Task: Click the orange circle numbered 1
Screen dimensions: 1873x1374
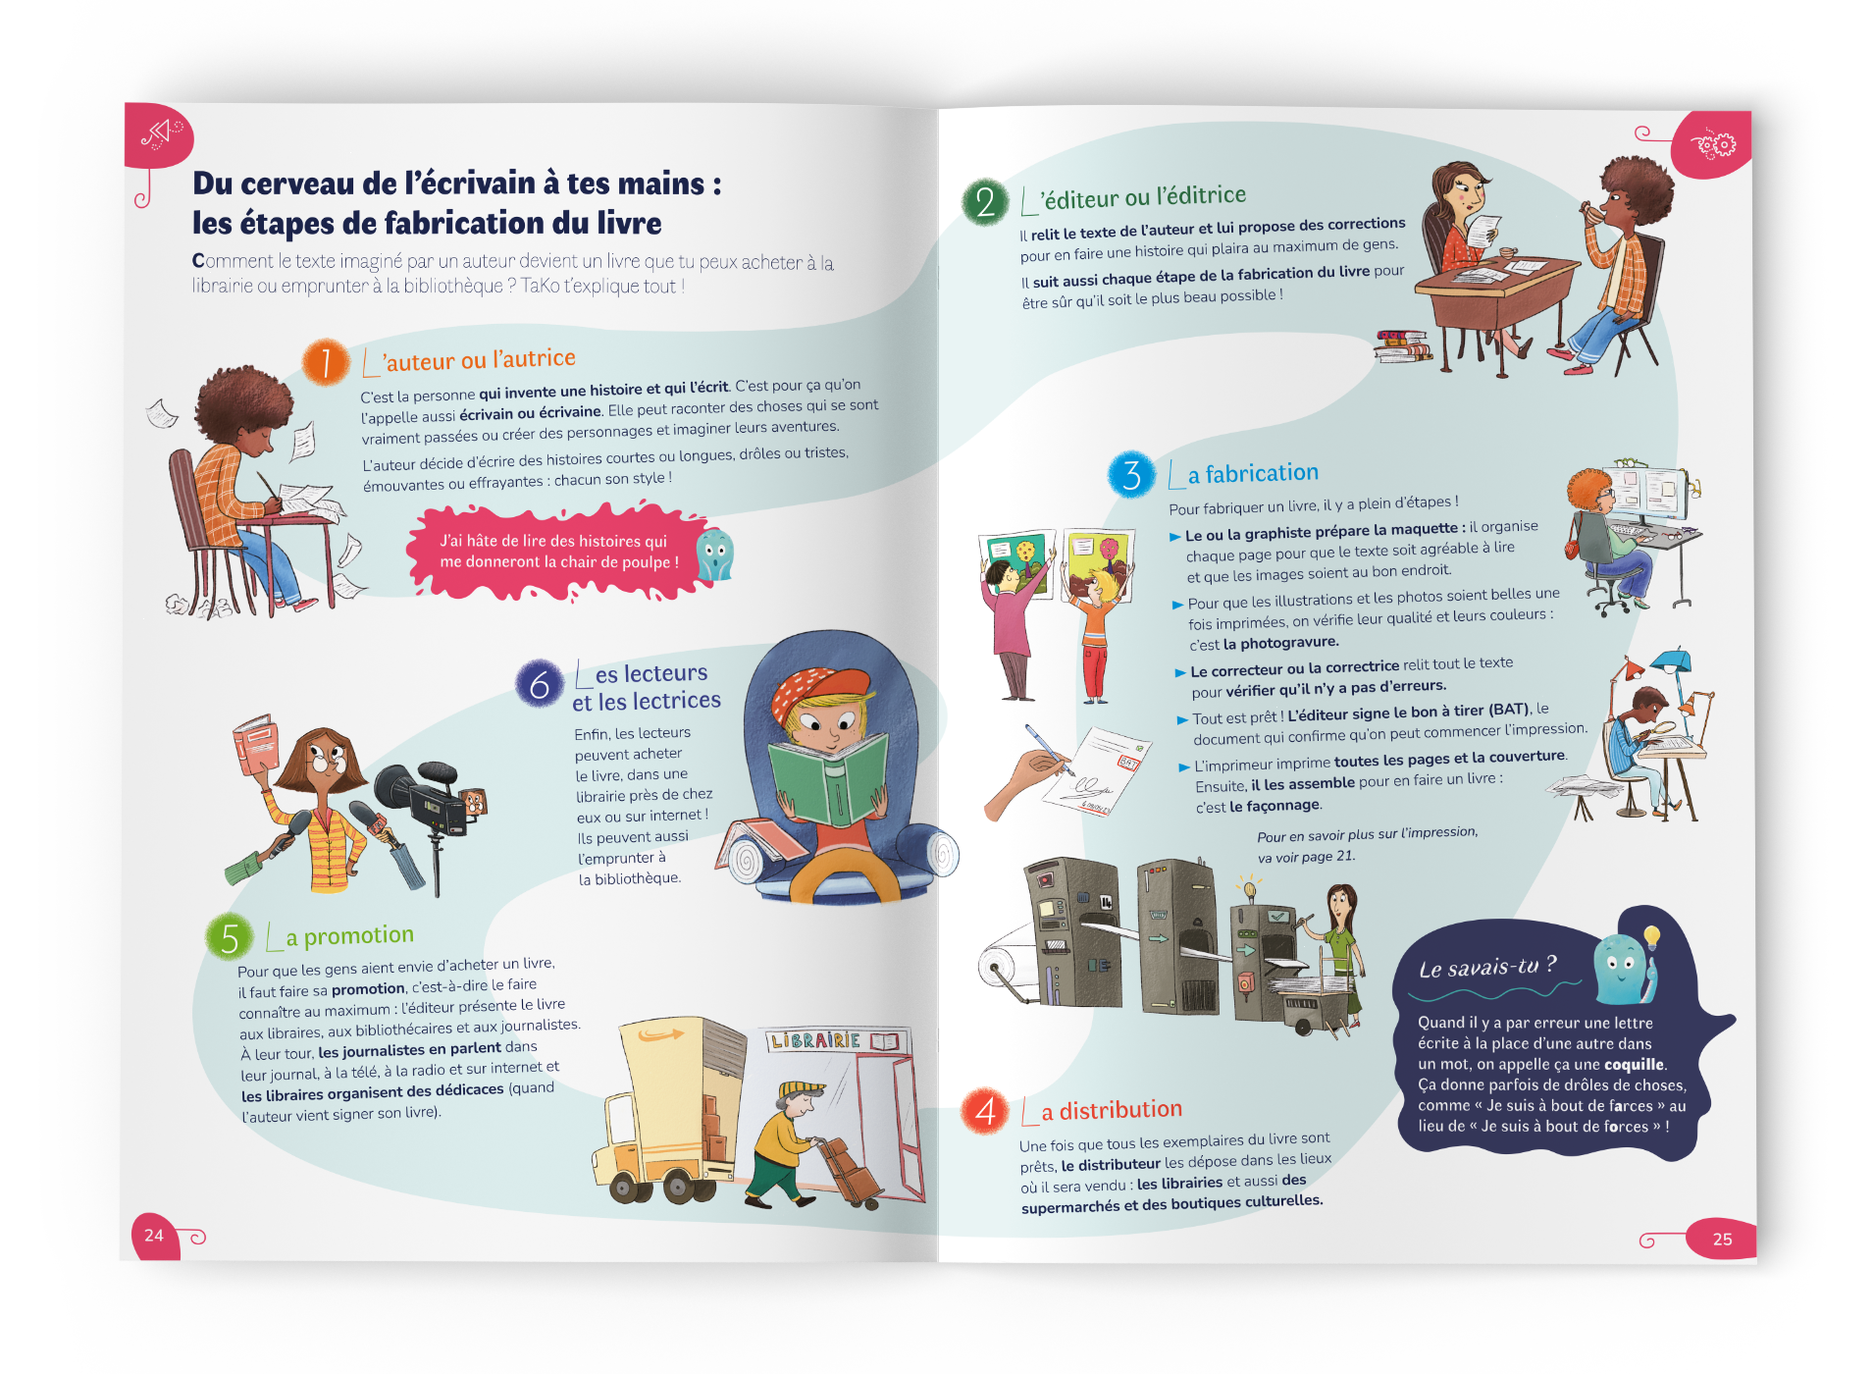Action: [x=325, y=362]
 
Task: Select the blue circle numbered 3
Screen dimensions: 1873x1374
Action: [x=1131, y=475]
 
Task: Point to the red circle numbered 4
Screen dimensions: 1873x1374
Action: [x=985, y=1111]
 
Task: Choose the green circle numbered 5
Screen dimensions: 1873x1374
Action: [x=230, y=937]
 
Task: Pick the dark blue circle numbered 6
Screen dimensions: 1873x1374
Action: [x=540, y=684]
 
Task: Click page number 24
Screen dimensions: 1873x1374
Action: [x=154, y=1236]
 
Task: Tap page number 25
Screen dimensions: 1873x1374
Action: [x=1722, y=1240]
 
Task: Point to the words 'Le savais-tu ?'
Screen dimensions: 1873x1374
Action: [x=1487, y=967]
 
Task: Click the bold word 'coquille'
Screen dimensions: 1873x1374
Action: [x=1634, y=1064]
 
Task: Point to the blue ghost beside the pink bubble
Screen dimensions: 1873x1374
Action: [x=715, y=554]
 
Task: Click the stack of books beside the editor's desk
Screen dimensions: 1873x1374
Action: [x=1404, y=345]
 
